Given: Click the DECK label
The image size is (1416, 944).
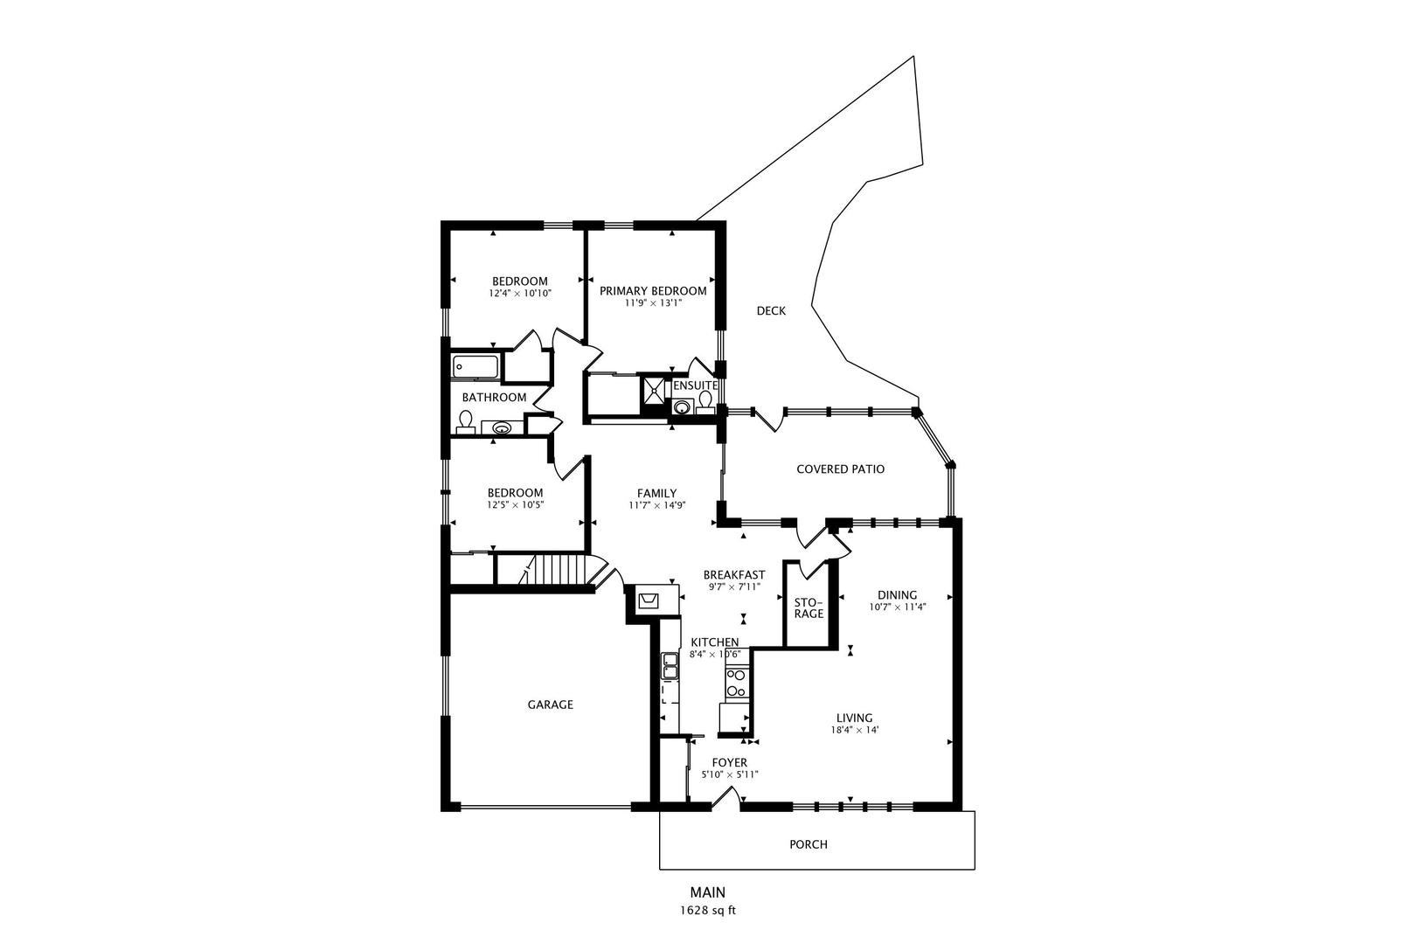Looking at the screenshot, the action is (x=771, y=310).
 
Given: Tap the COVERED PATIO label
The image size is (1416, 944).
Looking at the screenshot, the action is (x=840, y=469).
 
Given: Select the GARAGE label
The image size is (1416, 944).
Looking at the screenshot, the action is (x=550, y=705).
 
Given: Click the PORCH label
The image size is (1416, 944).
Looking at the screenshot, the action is (x=809, y=844).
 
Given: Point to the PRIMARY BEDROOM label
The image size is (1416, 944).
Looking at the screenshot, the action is (x=653, y=291).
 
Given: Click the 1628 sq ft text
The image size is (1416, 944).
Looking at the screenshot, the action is (x=708, y=911).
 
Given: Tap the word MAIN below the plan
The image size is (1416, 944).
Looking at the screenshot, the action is (x=708, y=892).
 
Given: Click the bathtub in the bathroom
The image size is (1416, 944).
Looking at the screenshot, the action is (x=475, y=367).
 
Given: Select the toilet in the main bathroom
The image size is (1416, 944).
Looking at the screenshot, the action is (x=466, y=422).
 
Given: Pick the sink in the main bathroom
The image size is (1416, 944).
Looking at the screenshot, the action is (x=502, y=428).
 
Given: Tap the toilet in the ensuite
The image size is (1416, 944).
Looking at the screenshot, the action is (x=705, y=403).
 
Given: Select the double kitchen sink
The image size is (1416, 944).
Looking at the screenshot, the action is (x=669, y=666).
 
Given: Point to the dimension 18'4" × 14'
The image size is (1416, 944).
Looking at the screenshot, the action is (x=855, y=730).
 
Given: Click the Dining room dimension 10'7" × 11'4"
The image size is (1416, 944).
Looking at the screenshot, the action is (x=898, y=607).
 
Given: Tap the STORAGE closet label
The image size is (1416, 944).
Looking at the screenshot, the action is (x=809, y=608).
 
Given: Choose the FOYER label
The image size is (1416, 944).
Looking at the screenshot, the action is (x=730, y=762).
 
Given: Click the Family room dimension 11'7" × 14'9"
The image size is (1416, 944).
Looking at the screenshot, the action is (x=657, y=505).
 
